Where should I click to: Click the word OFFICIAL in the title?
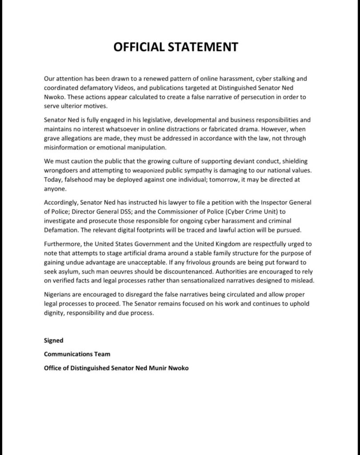point(138,47)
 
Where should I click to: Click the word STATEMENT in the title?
point(201,47)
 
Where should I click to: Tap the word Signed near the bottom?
point(53,340)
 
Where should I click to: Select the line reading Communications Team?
point(77,354)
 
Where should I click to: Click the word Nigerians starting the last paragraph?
point(58,295)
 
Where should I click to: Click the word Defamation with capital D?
point(60,230)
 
